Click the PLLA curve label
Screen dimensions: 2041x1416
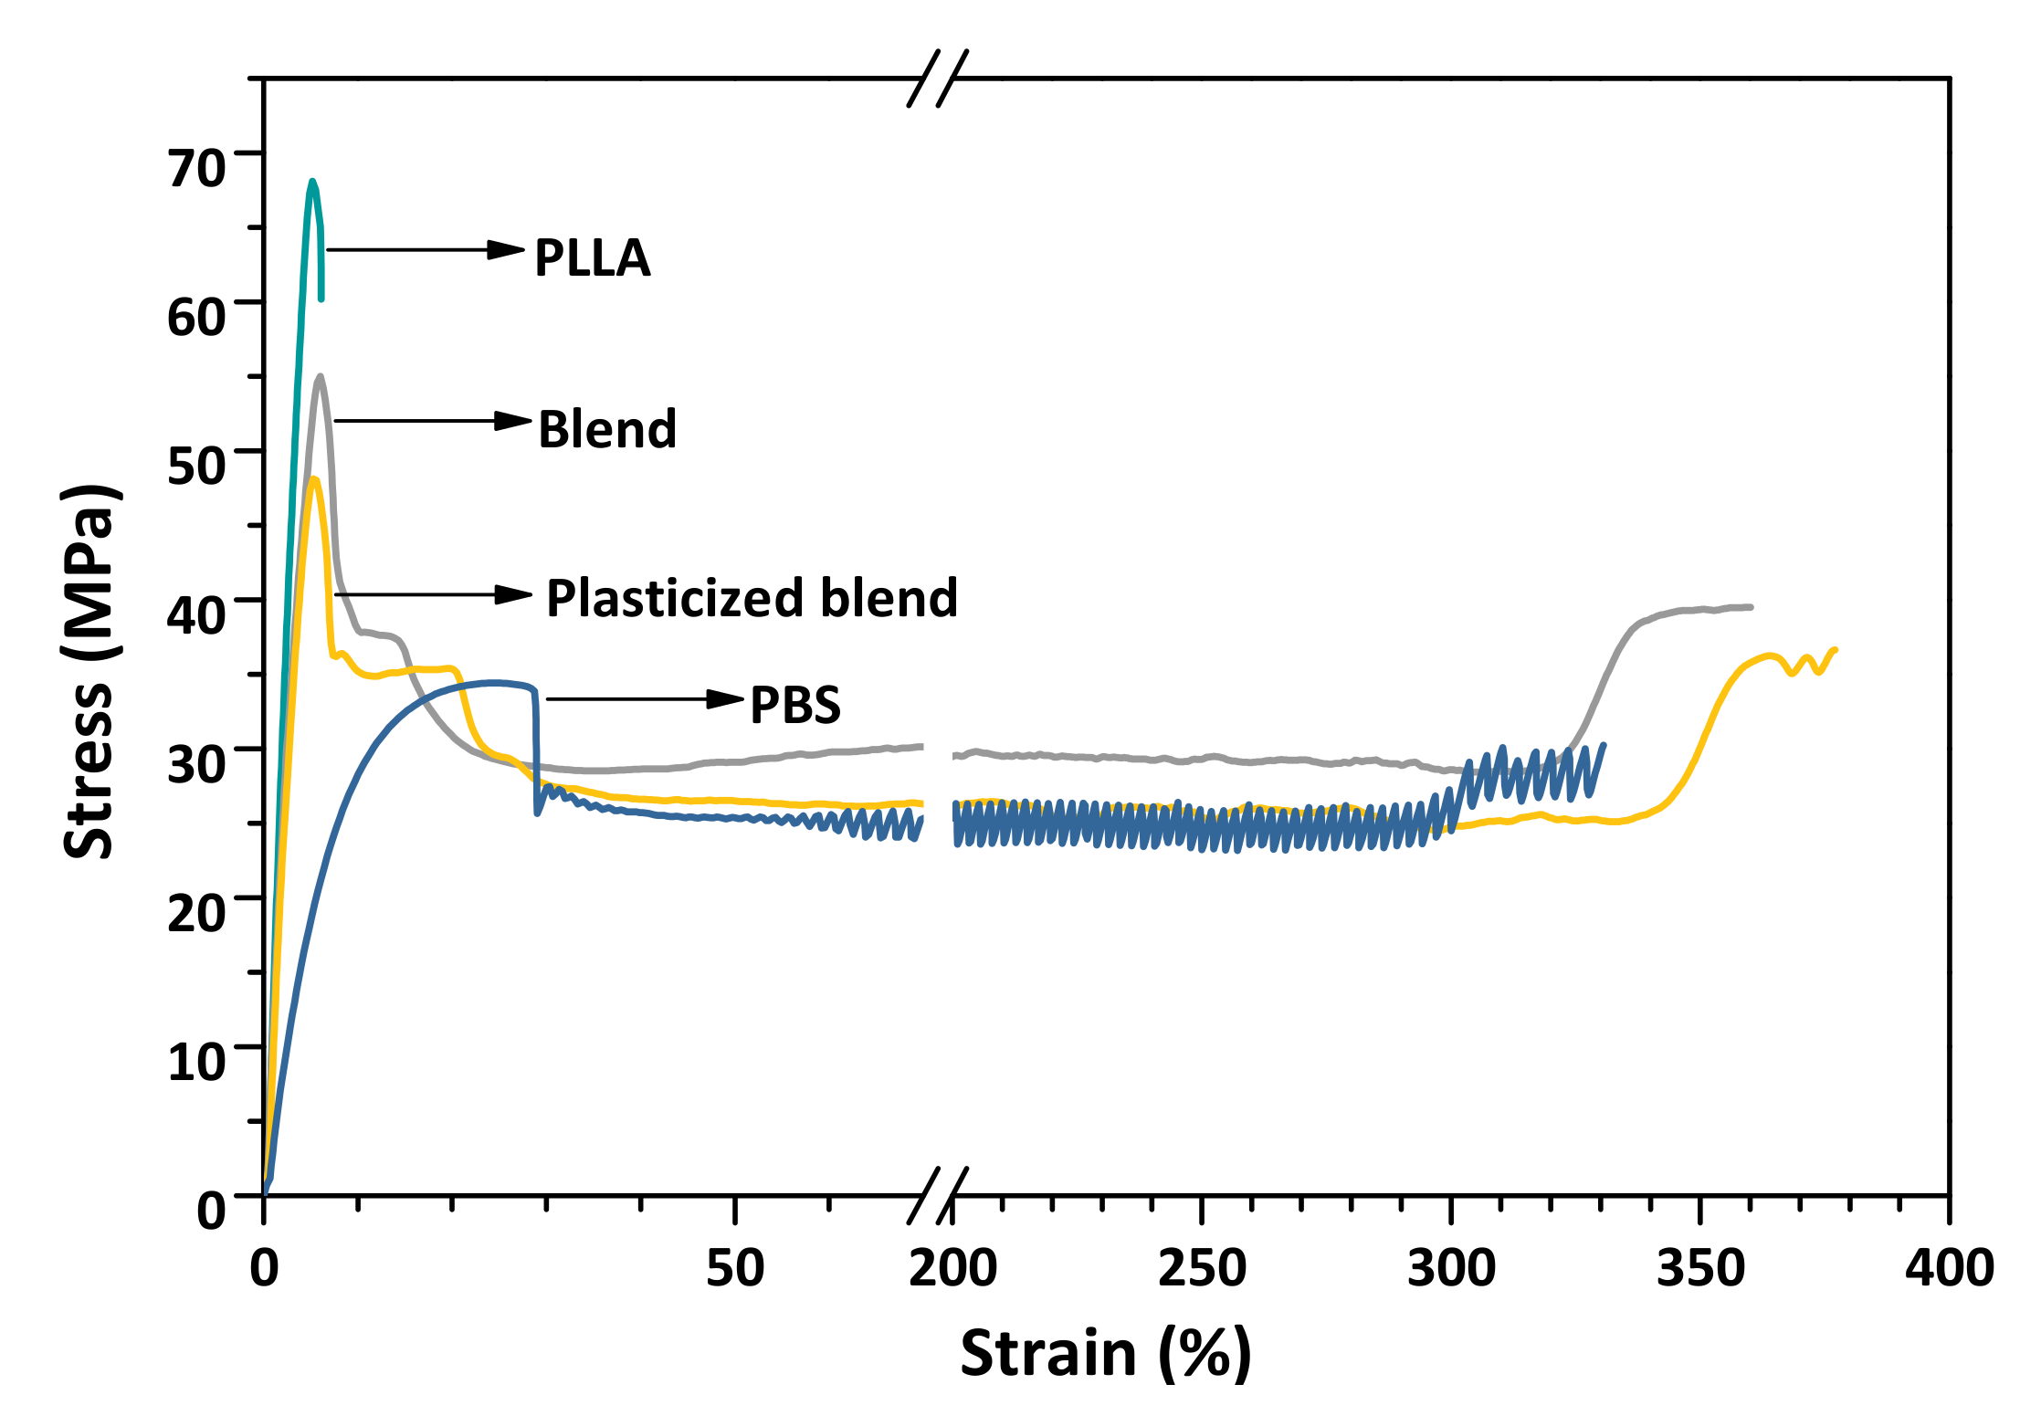(x=592, y=258)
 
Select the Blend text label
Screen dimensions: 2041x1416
(x=607, y=429)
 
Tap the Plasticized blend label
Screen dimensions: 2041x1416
(x=752, y=598)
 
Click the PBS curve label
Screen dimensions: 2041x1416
(x=795, y=706)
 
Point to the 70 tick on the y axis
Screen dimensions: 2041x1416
(x=195, y=168)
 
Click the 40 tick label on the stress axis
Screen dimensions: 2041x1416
(x=195, y=614)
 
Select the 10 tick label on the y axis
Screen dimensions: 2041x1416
(x=195, y=1062)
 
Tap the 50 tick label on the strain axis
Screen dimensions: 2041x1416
(x=735, y=1268)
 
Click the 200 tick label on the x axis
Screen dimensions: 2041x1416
(x=952, y=1268)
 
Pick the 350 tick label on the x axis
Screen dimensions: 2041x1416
(x=1700, y=1268)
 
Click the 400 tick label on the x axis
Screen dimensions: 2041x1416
(x=1949, y=1268)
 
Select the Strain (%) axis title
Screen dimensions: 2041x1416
(x=1106, y=1353)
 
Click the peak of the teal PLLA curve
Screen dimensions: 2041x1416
(x=312, y=182)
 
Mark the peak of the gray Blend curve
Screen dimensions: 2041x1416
(x=320, y=376)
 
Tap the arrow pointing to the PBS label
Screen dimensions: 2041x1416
(x=644, y=699)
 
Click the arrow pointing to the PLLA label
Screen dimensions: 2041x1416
(x=425, y=249)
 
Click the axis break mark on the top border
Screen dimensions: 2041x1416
(x=938, y=79)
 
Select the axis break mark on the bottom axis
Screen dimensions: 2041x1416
(x=938, y=1196)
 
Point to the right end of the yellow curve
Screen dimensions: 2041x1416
(x=1835, y=650)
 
